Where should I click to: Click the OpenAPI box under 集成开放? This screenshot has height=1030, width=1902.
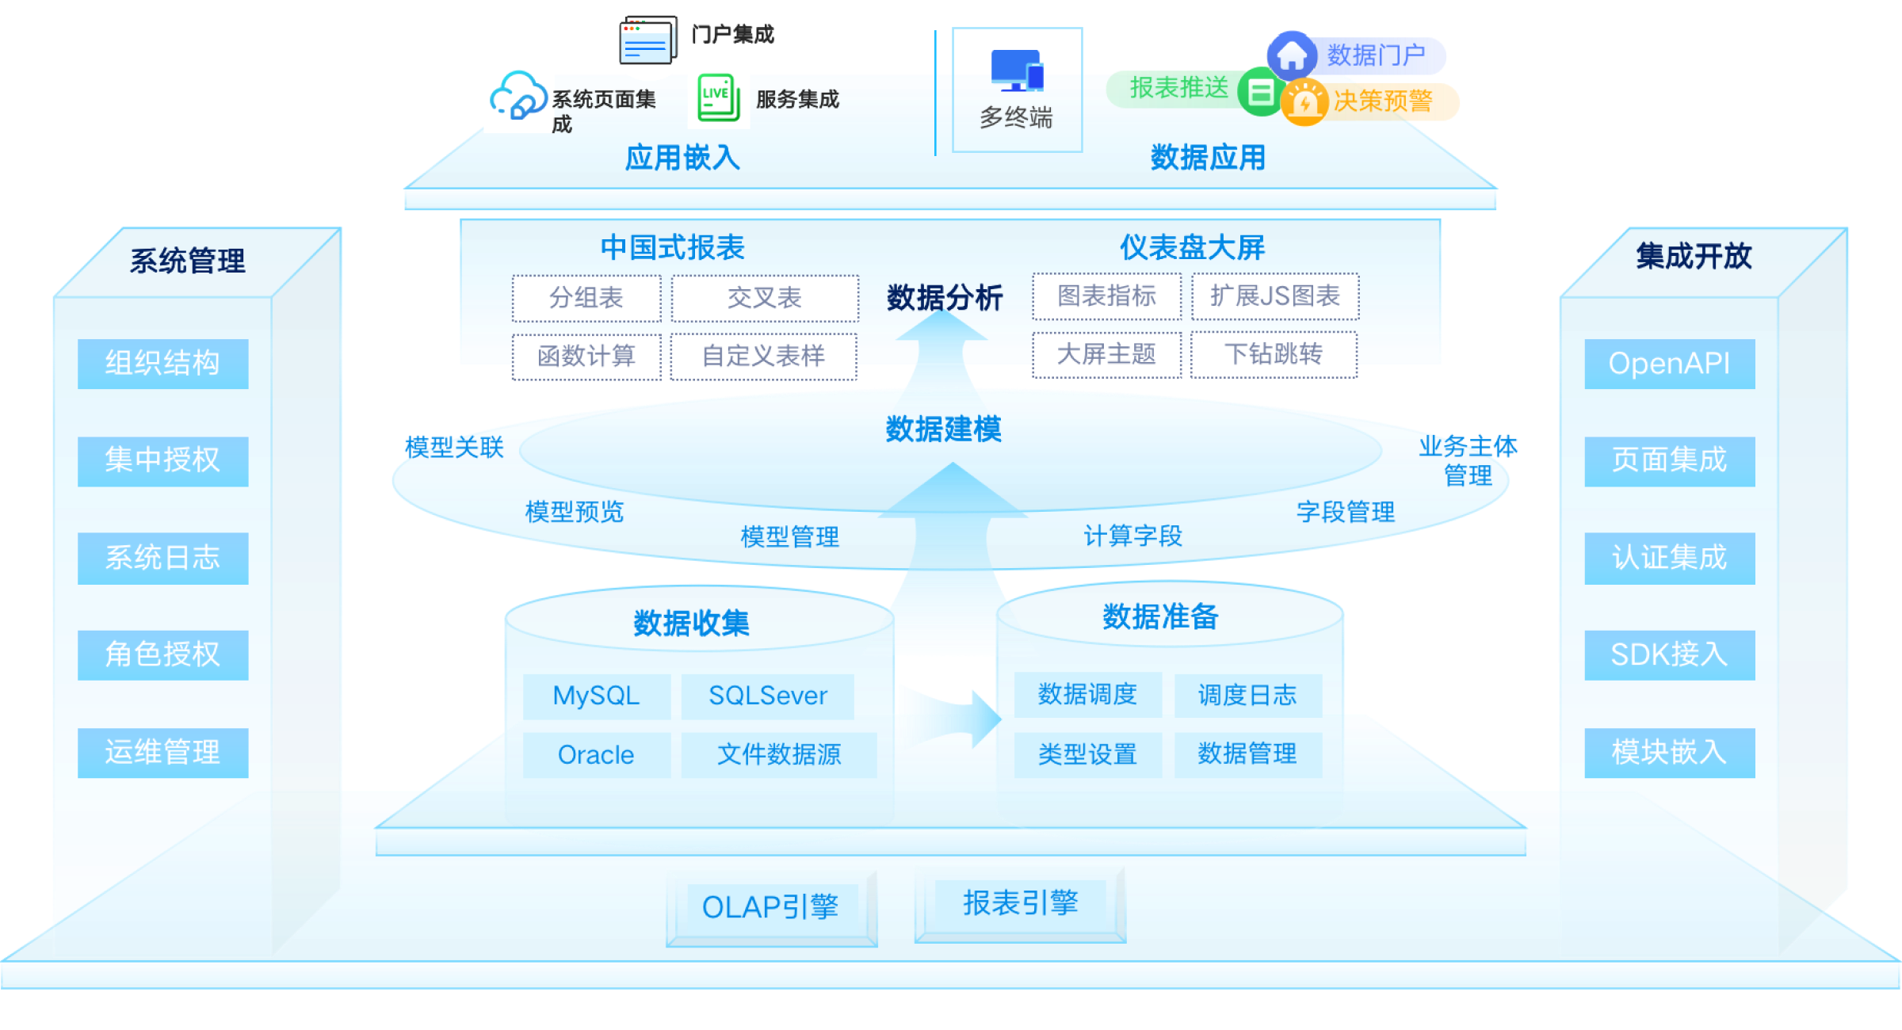[x=1669, y=364]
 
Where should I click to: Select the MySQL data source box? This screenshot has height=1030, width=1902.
[x=596, y=696]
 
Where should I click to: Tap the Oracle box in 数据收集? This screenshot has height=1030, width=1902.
[x=596, y=755]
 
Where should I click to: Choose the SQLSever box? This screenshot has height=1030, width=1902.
[x=767, y=696]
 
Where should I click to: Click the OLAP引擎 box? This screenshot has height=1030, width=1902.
[x=770, y=907]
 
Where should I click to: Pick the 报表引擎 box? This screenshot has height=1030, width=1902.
[x=1021, y=903]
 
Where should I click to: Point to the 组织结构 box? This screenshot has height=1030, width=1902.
[x=162, y=364]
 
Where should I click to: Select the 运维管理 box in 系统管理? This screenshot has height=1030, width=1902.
[x=162, y=752]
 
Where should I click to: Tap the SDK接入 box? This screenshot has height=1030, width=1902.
[x=1669, y=654]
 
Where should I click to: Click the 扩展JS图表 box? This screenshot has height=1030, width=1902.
[x=1274, y=296]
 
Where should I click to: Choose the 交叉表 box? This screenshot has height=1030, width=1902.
[x=765, y=298]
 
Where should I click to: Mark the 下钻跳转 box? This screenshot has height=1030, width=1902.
[x=1274, y=354]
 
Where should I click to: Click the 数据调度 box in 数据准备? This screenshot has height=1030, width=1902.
[x=1087, y=695]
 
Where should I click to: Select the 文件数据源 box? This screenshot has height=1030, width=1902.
[x=778, y=755]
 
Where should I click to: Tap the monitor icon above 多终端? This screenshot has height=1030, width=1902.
[x=1017, y=71]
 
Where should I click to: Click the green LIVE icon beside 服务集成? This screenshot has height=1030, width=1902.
[x=718, y=98]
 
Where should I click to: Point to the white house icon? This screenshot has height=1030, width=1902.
[x=1292, y=55]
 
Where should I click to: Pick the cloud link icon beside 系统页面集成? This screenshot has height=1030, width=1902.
[x=518, y=98]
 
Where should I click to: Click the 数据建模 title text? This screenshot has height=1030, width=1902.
[x=943, y=429]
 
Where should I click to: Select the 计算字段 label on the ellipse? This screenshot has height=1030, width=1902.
[x=1132, y=536]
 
